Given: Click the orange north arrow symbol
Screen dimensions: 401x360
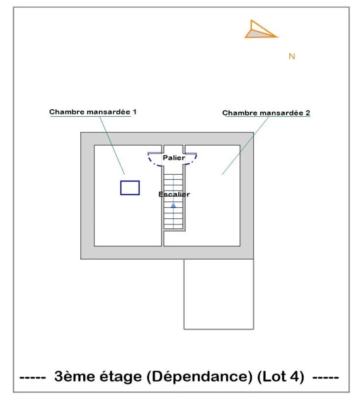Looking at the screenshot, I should (259, 30).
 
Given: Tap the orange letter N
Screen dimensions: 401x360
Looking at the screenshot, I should (292, 56).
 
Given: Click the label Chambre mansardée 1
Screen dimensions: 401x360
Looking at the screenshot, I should (93, 112).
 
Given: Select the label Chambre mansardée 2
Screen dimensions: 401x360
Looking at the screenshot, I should (266, 113).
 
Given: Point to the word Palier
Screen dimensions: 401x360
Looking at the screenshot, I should (174, 158).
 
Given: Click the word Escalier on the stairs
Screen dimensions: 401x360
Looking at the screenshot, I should (174, 195).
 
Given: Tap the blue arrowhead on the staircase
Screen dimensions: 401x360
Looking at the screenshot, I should (173, 205).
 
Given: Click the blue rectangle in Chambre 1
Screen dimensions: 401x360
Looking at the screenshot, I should (130, 187).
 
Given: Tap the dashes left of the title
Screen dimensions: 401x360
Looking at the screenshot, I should (33, 377).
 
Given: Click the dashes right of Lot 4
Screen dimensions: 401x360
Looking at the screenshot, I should (325, 377).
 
